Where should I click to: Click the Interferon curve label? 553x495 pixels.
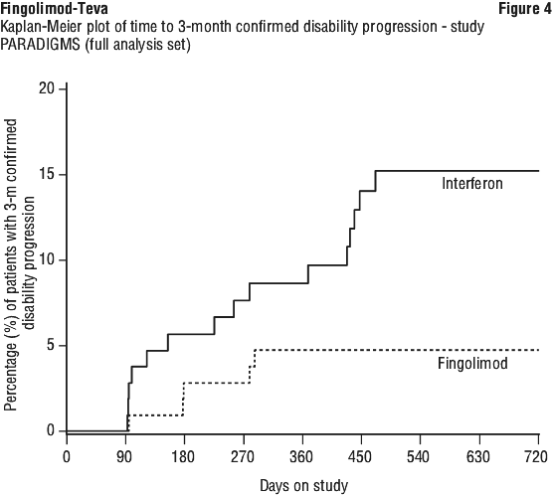[472, 183]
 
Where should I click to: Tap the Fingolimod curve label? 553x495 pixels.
[472, 363]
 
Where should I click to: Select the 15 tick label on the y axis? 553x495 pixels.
[47, 175]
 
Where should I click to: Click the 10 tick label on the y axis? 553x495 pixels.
[47, 260]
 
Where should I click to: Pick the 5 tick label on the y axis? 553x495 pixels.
[51, 346]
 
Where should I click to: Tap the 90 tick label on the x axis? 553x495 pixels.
[124, 457]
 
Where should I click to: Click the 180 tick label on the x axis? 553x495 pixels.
[183, 457]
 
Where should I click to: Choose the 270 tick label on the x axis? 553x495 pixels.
[243, 457]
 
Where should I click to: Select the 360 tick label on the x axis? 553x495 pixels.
[301, 457]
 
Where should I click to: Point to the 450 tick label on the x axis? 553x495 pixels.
[360, 457]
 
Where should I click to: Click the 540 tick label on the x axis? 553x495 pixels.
[418, 457]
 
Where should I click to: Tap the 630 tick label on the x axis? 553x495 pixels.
[478, 457]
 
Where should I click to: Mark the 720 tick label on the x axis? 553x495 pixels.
[537, 457]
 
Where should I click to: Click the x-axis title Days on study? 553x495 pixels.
[304, 486]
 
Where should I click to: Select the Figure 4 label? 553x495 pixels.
[525, 9]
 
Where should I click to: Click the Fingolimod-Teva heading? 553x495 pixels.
[55, 9]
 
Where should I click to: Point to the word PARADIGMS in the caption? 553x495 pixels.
[40, 45]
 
